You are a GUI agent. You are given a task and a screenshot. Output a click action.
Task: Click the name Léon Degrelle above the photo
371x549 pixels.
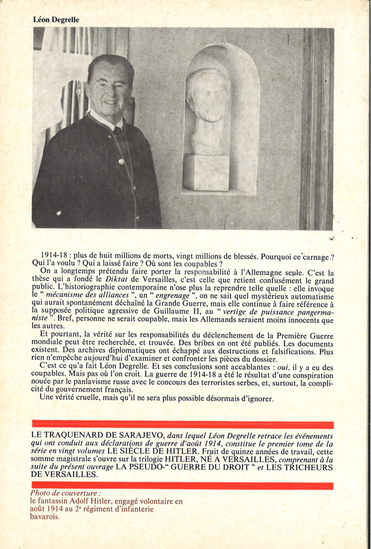[56, 20]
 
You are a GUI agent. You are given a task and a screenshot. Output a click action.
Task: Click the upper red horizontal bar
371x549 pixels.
[182, 425]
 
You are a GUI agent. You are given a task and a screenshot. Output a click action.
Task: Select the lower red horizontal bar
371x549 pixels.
[182, 486]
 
